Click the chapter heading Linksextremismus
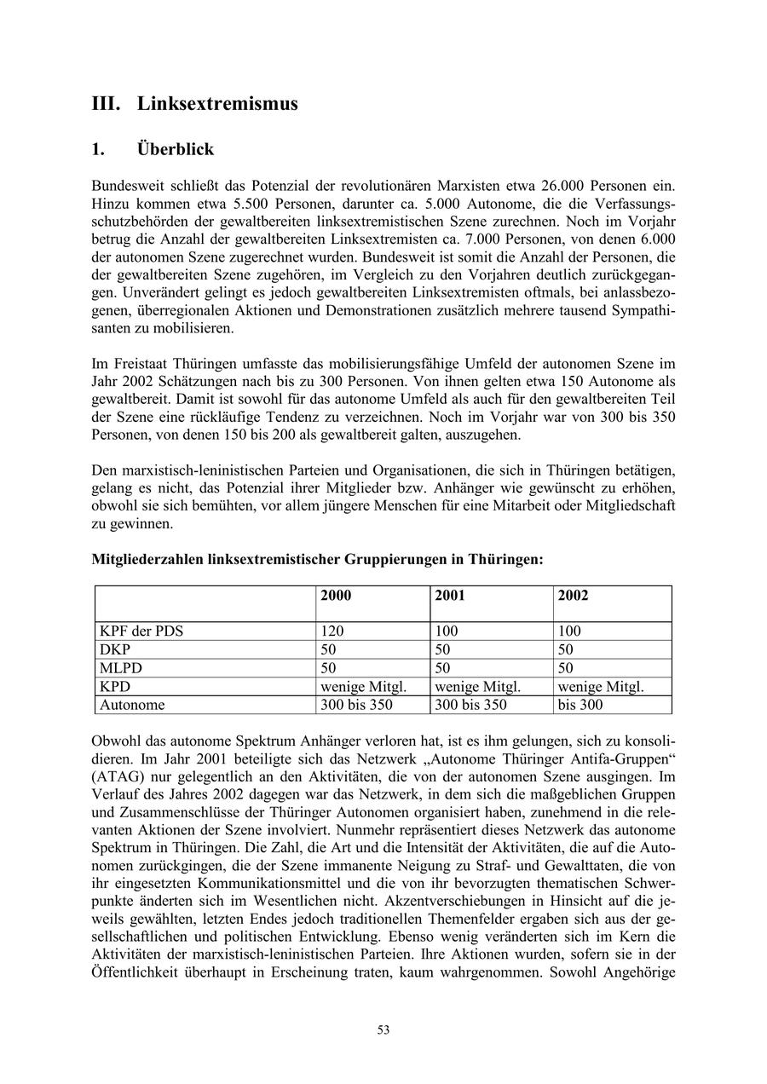point(217,104)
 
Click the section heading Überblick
point(175,149)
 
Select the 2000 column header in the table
point(335,596)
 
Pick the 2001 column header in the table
point(449,596)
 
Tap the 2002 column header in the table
point(573,596)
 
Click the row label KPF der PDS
point(141,631)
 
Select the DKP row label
point(115,650)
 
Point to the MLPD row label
point(120,668)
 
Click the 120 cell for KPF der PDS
point(332,631)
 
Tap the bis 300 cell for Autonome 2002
point(580,705)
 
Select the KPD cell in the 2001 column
point(477,687)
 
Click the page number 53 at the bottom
point(383,1029)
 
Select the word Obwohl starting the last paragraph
point(115,741)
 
